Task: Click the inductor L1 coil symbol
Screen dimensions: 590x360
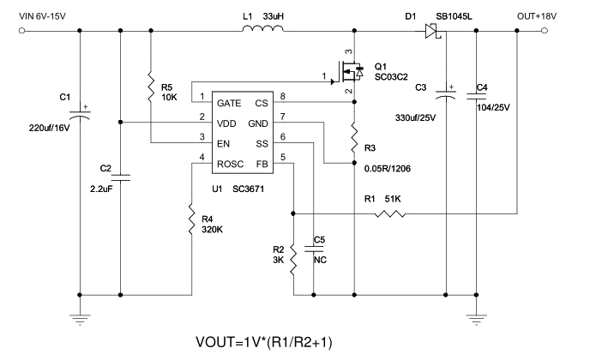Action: [263, 28]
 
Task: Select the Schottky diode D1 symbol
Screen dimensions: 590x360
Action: [433, 31]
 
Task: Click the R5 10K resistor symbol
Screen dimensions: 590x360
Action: [151, 87]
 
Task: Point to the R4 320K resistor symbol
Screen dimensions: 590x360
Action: [192, 219]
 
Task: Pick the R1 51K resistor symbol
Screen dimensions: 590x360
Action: [390, 214]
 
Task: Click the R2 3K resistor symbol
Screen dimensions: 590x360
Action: [293, 259]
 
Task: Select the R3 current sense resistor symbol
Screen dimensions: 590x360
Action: [354, 137]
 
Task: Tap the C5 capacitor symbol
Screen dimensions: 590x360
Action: [314, 249]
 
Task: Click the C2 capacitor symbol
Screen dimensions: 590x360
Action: [120, 177]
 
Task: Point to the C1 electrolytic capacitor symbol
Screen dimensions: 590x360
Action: [80, 114]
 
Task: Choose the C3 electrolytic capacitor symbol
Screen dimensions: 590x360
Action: [446, 94]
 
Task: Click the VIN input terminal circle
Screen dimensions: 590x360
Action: [21, 31]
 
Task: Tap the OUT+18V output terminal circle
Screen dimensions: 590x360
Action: [545, 31]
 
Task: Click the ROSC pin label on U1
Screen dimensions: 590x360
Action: [231, 165]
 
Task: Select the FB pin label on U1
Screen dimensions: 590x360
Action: [262, 165]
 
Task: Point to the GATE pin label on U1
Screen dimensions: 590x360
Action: [229, 104]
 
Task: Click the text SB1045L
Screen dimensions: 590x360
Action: [454, 16]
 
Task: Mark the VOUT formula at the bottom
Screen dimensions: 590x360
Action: [264, 342]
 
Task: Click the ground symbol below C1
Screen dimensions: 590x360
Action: [80, 320]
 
